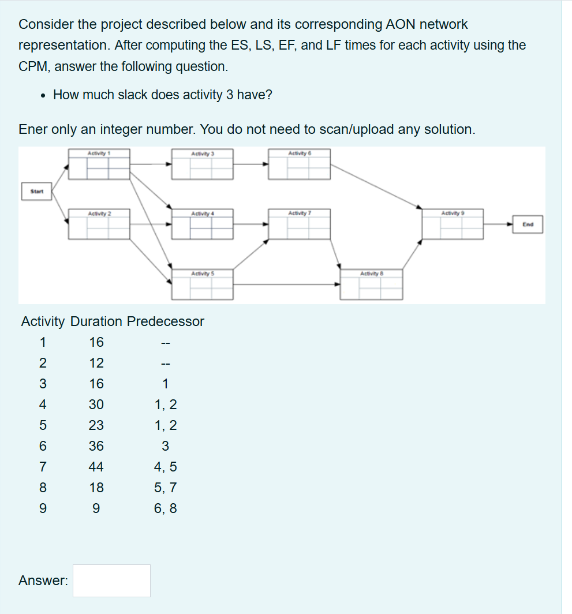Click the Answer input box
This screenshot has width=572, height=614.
(x=111, y=581)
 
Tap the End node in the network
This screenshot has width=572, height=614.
(x=528, y=224)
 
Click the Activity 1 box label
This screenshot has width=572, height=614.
(x=99, y=152)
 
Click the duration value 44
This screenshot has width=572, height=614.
(x=96, y=467)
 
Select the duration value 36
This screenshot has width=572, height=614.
(x=96, y=446)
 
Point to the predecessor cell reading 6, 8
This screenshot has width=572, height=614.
(x=166, y=508)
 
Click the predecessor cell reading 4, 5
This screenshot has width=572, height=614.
(x=166, y=467)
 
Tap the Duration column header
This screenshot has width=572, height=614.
(x=96, y=321)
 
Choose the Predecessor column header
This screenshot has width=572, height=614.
(x=166, y=321)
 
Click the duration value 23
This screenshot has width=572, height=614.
(x=96, y=425)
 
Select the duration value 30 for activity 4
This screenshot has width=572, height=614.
(x=96, y=405)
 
